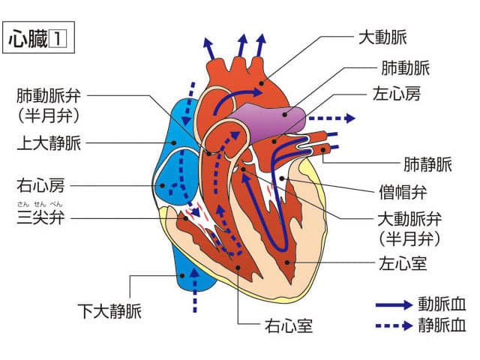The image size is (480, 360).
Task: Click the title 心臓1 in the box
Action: [37, 38]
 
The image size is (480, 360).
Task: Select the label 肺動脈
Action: [406, 67]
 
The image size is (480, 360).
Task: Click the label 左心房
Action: [397, 96]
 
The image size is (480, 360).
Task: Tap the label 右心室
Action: [289, 326]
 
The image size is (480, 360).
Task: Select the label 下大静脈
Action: [109, 308]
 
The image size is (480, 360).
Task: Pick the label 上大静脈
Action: [49, 142]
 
